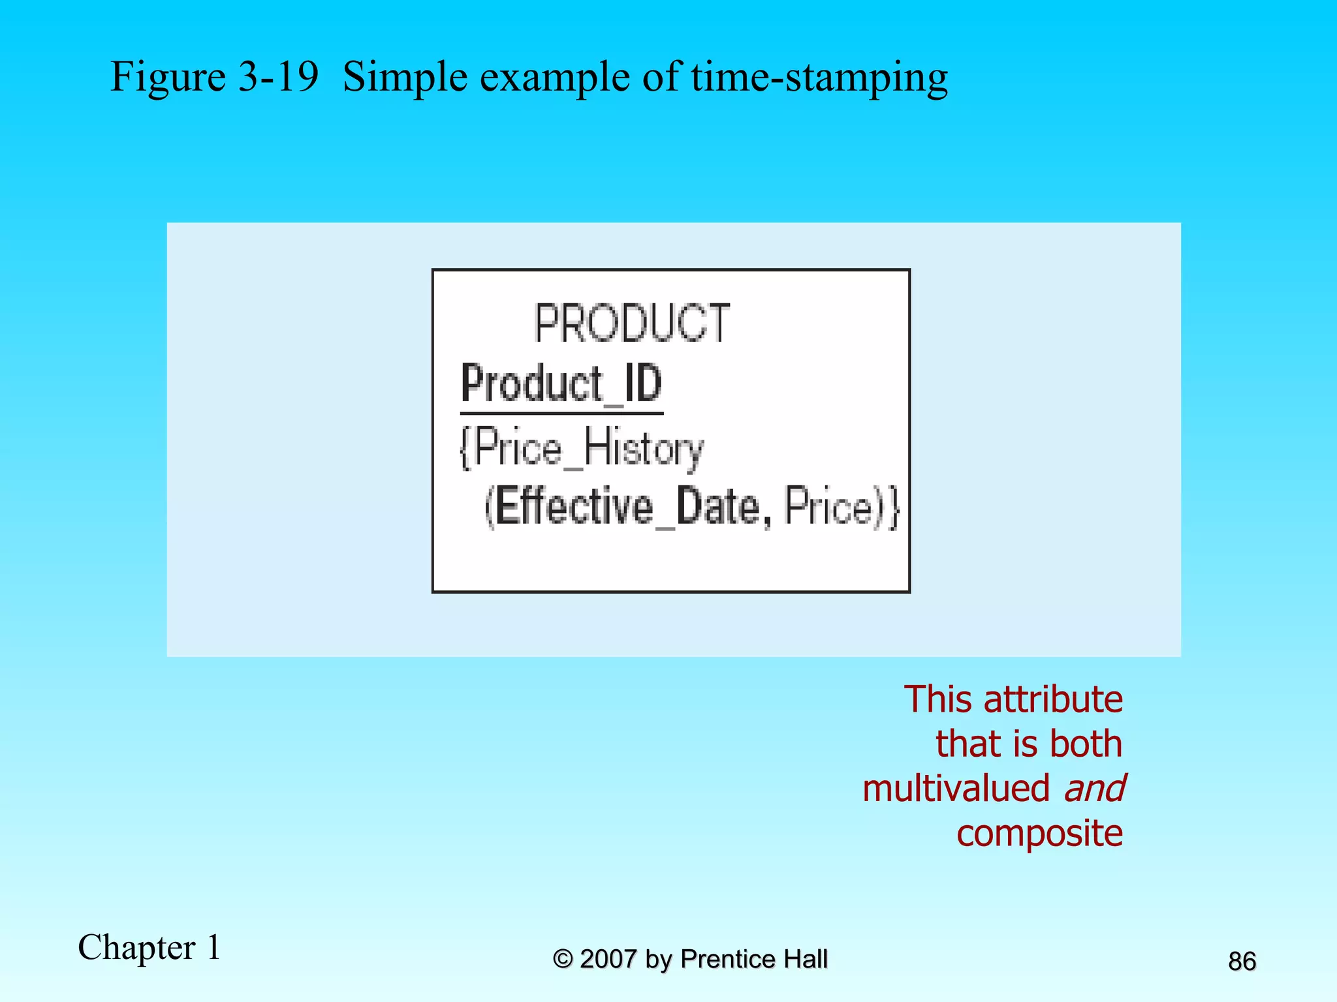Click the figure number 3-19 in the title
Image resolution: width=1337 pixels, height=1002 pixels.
tap(278, 77)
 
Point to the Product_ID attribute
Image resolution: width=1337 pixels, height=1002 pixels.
tap(561, 384)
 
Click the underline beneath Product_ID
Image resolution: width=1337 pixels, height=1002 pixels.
tap(561, 413)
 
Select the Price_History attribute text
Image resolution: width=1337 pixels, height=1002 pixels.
tap(588, 449)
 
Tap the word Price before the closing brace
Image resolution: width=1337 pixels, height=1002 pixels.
tap(828, 506)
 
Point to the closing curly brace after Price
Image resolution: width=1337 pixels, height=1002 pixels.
tap(894, 506)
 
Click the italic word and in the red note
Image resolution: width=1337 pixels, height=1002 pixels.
tap(1093, 788)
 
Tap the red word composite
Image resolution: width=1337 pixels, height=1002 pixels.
tap(1039, 833)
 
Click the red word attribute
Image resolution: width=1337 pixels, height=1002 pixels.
tap(1052, 699)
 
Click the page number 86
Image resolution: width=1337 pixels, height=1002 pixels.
tap(1242, 962)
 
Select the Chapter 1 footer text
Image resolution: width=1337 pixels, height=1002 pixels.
tap(149, 947)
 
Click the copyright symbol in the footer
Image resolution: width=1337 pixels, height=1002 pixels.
tap(562, 960)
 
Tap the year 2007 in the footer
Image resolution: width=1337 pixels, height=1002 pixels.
tap(608, 960)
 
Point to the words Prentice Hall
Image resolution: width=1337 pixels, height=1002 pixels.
tap(753, 960)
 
